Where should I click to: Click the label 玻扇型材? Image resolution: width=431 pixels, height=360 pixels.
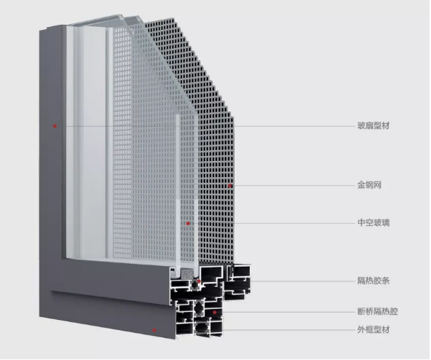tap(373, 126)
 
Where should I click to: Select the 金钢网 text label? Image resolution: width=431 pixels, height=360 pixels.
tap(369, 185)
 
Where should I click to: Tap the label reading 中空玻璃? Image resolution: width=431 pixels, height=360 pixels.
tap(373, 222)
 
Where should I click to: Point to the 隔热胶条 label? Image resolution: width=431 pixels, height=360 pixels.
tap(373, 281)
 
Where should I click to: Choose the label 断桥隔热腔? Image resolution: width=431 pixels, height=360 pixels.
tap(377, 312)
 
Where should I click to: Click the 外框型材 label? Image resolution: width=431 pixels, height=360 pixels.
tap(373, 329)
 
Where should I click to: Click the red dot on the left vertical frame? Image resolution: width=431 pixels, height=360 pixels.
tap(55, 126)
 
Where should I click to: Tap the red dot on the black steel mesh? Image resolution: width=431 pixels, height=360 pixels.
tap(230, 186)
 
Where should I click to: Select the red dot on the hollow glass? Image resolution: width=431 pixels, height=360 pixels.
tap(188, 224)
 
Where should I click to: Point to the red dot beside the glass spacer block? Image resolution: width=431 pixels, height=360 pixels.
tap(199, 281)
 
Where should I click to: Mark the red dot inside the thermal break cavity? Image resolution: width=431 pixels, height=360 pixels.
tap(214, 313)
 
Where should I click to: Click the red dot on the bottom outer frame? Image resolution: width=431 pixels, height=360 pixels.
tap(154, 330)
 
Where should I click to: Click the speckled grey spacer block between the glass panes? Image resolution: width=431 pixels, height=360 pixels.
tap(186, 273)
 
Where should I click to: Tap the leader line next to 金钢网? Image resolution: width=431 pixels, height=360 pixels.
tap(293, 186)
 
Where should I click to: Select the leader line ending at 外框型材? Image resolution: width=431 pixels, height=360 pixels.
tap(289, 329)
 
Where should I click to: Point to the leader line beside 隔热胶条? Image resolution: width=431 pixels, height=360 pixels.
tap(303, 281)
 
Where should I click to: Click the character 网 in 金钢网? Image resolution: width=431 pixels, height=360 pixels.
tap(378, 185)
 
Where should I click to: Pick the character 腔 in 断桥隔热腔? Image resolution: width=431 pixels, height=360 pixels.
tap(394, 312)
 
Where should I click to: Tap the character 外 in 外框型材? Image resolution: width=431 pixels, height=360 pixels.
tap(361, 329)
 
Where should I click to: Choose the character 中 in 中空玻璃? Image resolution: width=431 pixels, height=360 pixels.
tap(361, 222)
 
